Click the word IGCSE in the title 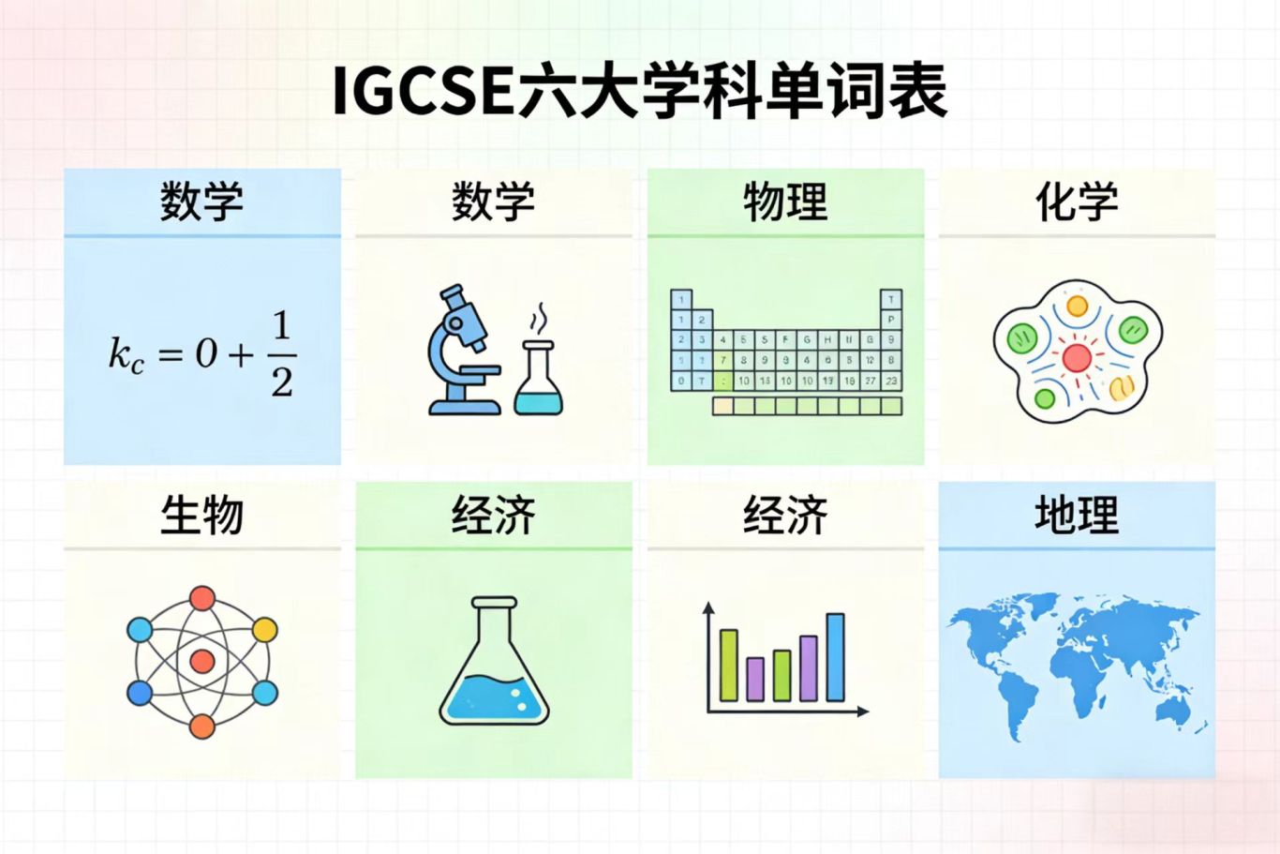(423, 91)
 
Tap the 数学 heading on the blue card (201, 202)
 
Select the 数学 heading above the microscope (493, 202)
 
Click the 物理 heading (785, 202)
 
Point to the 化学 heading (1077, 202)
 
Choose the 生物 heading (201, 515)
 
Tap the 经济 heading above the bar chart (785, 515)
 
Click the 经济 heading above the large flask (493, 515)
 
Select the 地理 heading (1077, 515)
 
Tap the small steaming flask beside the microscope (538, 380)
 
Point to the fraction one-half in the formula (281, 353)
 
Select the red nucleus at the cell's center (1077, 357)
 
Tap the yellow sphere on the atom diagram (265, 629)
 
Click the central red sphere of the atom (202, 662)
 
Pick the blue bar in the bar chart (835, 657)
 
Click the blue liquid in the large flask (494, 697)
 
